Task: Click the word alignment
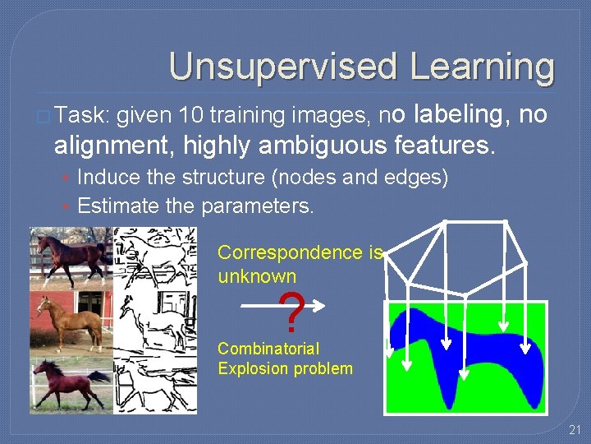coord(115,147)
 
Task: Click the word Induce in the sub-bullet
coord(108,178)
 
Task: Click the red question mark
coord(289,312)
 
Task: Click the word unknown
coord(257,276)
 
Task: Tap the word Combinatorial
coord(268,349)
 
